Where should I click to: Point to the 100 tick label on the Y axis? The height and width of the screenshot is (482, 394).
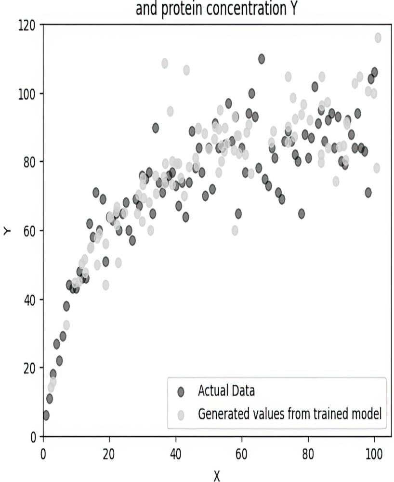point(28,93)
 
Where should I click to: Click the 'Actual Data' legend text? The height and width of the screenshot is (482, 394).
point(226,391)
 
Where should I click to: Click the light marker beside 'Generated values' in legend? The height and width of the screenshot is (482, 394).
point(181,414)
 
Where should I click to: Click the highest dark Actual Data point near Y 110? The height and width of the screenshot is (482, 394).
point(262,59)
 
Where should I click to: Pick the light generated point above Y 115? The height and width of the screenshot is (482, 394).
point(378,38)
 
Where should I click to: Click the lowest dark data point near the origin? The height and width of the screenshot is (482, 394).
point(46,415)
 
